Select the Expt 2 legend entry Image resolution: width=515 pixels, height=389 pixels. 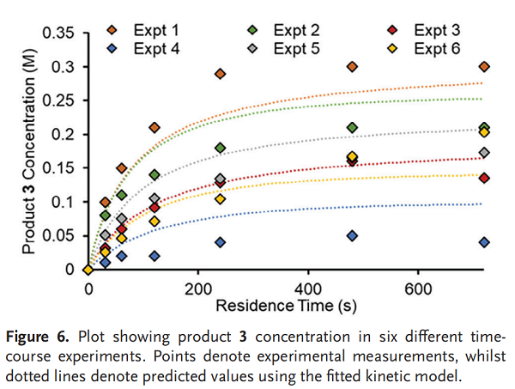288,31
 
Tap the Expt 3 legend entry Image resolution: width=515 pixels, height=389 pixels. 429,31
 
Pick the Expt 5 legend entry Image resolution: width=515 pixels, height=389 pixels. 288,48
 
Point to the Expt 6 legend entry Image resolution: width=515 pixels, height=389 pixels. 429,48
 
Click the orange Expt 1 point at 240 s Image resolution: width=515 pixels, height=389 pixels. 220,74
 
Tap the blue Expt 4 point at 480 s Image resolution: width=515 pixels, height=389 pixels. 352,235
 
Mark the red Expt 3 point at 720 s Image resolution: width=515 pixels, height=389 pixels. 484,178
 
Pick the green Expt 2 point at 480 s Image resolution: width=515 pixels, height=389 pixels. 352,128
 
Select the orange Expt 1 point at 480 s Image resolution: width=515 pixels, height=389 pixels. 352,67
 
